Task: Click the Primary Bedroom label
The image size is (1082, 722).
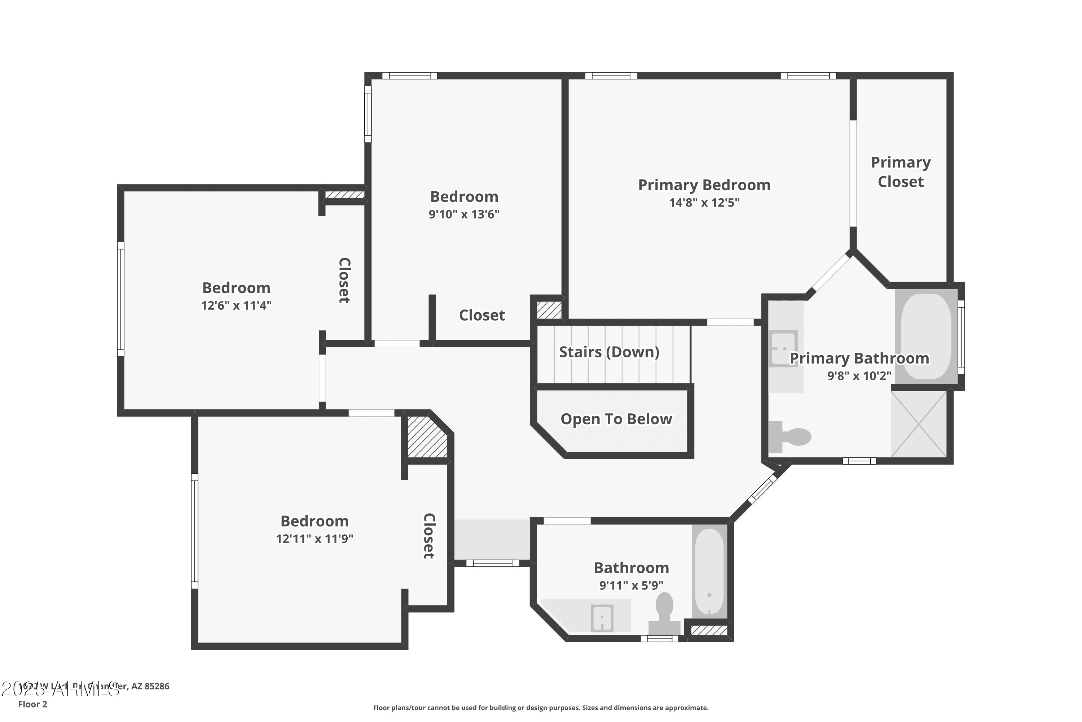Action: [x=704, y=185]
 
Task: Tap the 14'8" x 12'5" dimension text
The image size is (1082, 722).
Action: [x=704, y=203]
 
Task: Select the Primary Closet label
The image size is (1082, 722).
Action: [x=900, y=172]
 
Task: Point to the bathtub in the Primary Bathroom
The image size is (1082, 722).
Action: [x=925, y=336]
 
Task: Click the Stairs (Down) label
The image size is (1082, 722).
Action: [x=609, y=352]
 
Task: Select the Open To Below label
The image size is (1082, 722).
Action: [x=616, y=419]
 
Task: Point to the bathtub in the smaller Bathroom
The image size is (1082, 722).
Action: [x=709, y=571]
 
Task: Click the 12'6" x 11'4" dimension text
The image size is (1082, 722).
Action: [x=236, y=305]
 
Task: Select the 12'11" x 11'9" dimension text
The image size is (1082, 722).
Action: [x=314, y=539]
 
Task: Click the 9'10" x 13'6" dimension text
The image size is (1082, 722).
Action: [x=464, y=214]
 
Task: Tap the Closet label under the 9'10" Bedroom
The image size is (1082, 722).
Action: [x=481, y=316]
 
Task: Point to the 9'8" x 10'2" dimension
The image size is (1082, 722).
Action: [x=859, y=376]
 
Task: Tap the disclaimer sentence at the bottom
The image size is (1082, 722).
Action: [x=541, y=708]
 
